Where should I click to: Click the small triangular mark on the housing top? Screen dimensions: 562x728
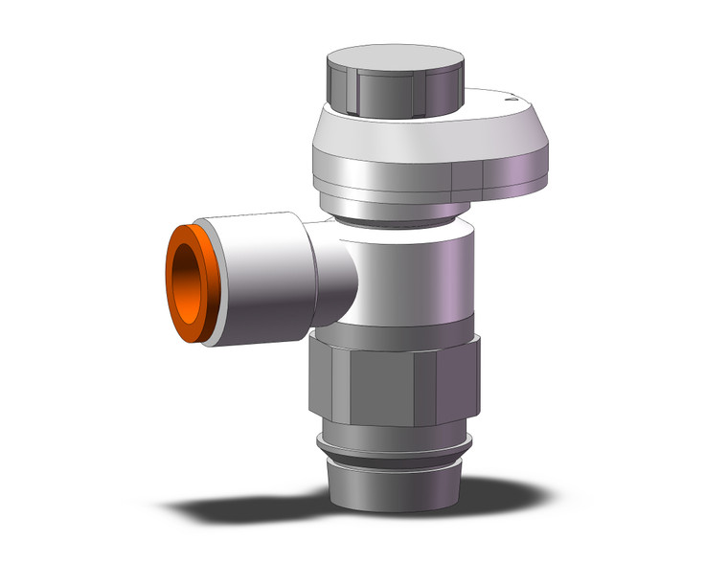point(514,97)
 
